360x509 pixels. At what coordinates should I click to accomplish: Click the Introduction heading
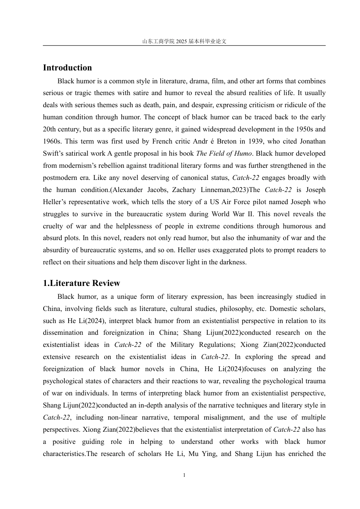pos(67,68)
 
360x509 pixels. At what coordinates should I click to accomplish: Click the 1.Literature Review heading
pos(81,283)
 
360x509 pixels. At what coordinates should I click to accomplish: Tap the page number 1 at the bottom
pos(184,475)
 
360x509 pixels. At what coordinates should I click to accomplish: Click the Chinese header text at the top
pos(184,41)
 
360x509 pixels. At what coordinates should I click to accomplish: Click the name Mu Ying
pos(207,454)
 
